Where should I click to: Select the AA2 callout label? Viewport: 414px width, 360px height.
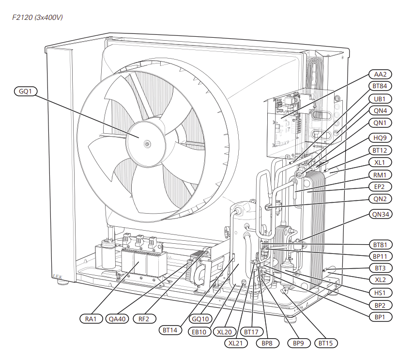click(x=380, y=75)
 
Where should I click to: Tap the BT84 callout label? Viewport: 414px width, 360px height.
click(x=380, y=87)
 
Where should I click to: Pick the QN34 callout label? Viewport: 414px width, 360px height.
click(x=380, y=214)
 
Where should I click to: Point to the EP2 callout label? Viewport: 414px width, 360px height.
click(x=380, y=187)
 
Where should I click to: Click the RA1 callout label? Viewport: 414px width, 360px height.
click(x=92, y=319)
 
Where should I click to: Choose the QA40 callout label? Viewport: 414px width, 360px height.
click(x=118, y=319)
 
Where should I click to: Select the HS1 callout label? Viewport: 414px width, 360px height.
click(x=380, y=293)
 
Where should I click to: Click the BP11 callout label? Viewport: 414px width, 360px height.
click(x=380, y=256)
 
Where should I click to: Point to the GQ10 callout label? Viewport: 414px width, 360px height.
click(x=200, y=319)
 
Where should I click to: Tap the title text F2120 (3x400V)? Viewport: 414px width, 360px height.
click(x=37, y=18)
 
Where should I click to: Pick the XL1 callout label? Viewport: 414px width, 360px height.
click(x=380, y=162)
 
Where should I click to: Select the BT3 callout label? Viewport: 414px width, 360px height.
click(x=380, y=268)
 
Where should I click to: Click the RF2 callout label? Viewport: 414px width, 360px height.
click(x=144, y=319)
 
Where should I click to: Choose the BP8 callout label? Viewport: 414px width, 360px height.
click(x=267, y=343)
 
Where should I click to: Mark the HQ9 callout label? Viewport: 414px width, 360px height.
click(x=380, y=138)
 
